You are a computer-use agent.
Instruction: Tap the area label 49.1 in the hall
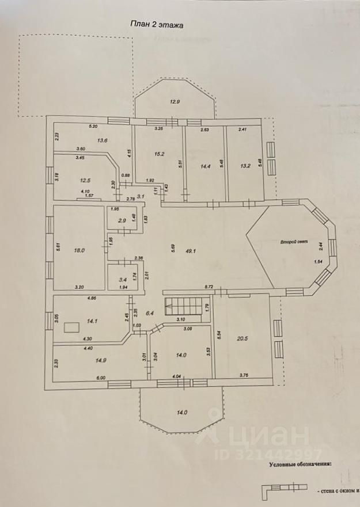[x=190, y=250]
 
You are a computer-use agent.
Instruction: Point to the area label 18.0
[x=79, y=250]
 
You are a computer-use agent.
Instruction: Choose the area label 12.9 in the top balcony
[x=175, y=102]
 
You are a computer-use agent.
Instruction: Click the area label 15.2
[x=160, y=154]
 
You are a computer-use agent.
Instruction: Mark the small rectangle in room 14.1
[x=72, y=327]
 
